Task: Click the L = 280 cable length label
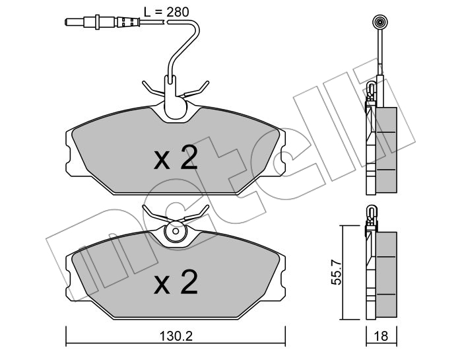(x=166, y=12)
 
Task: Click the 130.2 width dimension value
(x=176, y=336)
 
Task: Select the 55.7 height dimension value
(x=336, y=272)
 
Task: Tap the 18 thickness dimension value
(x=381, y=336)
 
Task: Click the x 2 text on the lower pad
(x=176, y=282)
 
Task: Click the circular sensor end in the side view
(x=379, y=22)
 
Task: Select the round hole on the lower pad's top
(x=176, y=231)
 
